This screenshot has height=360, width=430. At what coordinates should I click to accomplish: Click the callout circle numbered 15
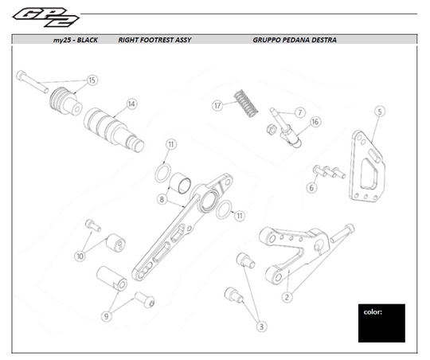pos(92,80)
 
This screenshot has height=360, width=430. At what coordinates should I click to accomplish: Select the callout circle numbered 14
pos(131,104)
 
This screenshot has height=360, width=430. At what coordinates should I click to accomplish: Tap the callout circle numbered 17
pos(217,105)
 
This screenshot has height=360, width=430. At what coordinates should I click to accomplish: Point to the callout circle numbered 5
pos(380,112)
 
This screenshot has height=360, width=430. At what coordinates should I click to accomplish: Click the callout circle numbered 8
pos(162,199)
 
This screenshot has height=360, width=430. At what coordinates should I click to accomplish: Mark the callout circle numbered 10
pos(80,256)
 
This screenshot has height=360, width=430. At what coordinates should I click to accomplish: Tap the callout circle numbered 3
pos(260,325)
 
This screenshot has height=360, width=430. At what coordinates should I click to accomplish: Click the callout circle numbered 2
pos(287,295)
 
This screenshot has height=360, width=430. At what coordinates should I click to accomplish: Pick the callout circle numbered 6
pos(311,189)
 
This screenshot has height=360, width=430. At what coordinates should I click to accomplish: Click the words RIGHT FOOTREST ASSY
pos(154,39)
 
